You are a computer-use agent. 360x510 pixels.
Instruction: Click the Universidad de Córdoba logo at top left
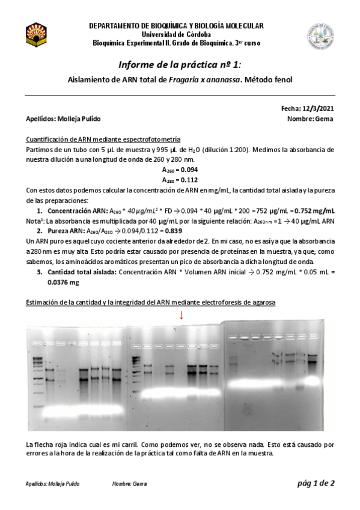click(35, 34)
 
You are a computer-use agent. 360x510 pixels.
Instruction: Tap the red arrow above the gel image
click(182, 315)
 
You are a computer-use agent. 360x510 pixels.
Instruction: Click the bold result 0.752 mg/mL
click(314, 210)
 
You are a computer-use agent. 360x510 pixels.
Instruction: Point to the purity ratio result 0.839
click(155, 230)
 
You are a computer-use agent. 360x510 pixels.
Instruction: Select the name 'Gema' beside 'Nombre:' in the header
click(325, 118)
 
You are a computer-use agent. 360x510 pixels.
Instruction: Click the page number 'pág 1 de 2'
click(315, 483)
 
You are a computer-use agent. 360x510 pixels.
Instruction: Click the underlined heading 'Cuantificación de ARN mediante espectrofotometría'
click(99, 139)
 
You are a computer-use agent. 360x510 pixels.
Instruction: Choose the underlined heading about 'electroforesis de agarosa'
click(151, 303)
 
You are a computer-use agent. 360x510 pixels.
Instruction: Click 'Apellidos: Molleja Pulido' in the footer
click(53, 484)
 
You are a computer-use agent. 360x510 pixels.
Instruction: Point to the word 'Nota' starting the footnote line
click(34, 221)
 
